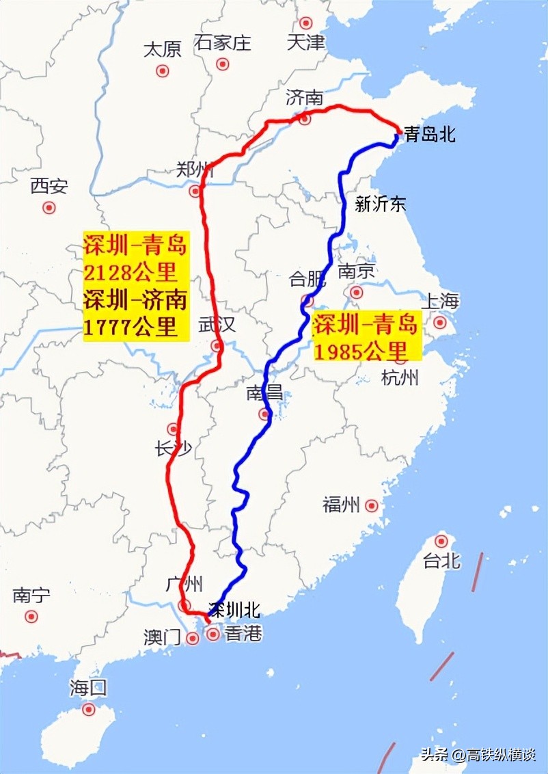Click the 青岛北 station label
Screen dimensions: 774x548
pos(430,135)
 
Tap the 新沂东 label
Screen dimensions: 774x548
pos(381,204)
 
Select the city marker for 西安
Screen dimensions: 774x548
pos(49,207)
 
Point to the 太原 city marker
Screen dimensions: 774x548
pos(163,70)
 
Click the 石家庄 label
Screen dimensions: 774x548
pos(223,43)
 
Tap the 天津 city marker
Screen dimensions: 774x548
pos(305,22)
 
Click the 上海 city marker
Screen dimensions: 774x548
pos(440,321)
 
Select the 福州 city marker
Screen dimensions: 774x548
pos(372,506)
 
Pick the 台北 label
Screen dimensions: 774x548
pos(441,561)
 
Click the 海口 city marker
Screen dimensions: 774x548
pos(88,709)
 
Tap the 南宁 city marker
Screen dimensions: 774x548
pos(31,616)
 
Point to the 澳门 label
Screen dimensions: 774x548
pos(162,637)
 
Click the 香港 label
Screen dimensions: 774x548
pos(243,634)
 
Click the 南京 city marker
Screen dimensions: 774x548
pos(356,293)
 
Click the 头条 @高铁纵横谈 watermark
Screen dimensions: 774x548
pos(478,756)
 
